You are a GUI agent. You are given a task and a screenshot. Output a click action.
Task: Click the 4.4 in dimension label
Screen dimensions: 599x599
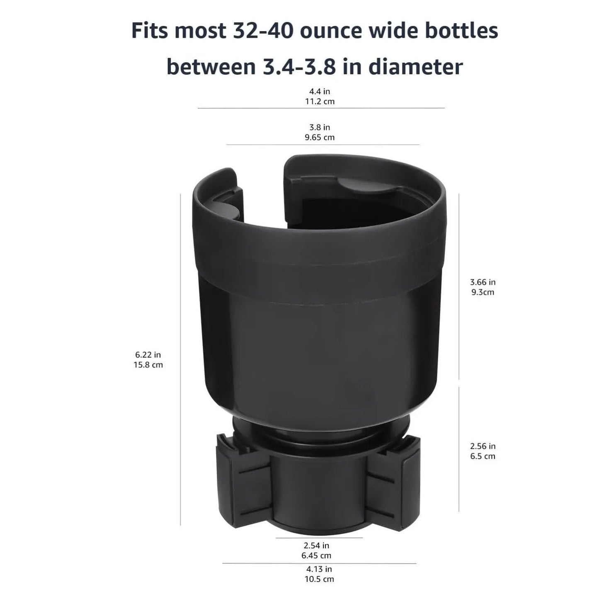319,91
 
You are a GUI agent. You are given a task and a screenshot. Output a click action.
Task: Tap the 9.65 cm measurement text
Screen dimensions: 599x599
319,137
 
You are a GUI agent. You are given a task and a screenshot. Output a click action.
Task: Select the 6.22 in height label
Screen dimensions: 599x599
148,355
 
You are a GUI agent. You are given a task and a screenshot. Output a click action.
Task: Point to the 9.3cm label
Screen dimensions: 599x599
483,292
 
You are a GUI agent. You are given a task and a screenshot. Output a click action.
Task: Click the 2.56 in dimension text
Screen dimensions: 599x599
483,446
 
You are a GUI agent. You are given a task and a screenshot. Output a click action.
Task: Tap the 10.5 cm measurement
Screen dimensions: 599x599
319,579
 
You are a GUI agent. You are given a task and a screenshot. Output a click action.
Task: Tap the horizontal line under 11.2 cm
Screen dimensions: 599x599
321,108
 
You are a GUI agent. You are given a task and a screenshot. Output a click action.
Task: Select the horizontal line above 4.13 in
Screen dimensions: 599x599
319,563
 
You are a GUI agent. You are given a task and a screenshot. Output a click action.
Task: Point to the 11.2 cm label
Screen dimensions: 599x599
319,102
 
